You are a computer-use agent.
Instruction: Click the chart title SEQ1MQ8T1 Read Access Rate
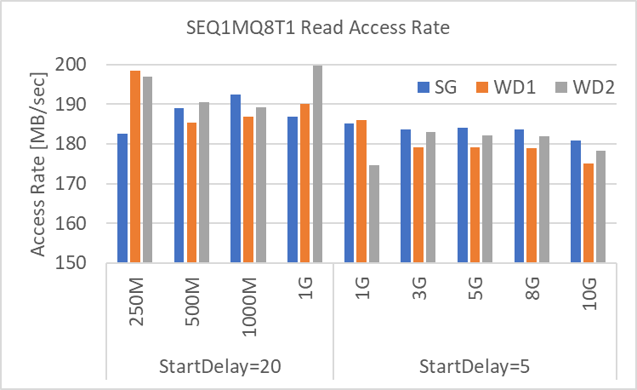click(317, 28)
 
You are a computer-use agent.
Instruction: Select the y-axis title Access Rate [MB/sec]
click(39, 163)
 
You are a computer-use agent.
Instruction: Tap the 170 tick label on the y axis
click(82, 184)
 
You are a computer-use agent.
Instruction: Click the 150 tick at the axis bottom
click(82, 263)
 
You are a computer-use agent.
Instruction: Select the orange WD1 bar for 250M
click(135, 167)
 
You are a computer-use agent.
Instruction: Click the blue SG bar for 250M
click(123, 198)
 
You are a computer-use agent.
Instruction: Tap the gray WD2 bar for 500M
click(202, 182)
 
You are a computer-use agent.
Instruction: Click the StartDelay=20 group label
click(219, 368)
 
